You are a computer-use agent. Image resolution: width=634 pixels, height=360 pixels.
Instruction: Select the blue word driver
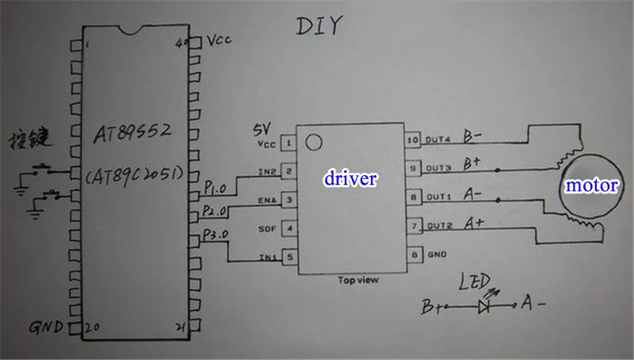click(x=350, y=178)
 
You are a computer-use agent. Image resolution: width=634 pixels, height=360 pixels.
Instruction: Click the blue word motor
click(x=590, y=186)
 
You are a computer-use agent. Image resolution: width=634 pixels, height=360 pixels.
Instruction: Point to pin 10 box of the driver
click(x=412, y=140)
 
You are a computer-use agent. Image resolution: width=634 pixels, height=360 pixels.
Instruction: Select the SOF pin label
click(x=267, y=228)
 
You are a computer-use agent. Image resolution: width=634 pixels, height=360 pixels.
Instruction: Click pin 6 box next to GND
click(x=412, y=255)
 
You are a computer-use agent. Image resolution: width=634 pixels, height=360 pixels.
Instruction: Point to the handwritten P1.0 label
click(x=214, y=188)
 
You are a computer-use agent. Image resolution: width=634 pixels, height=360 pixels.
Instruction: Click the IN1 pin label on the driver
click(x=268, y=257)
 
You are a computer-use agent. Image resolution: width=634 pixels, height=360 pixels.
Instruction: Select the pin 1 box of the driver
click(x=289, y=144)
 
